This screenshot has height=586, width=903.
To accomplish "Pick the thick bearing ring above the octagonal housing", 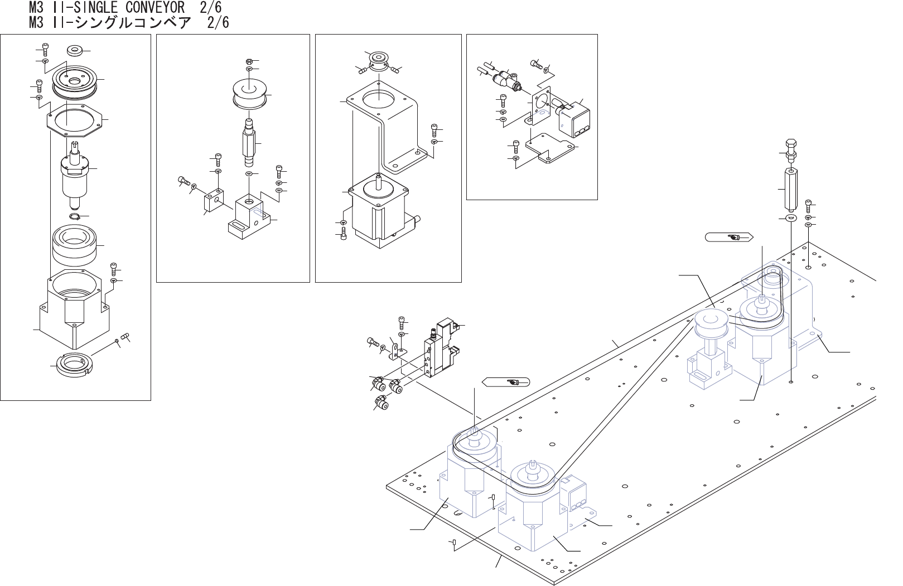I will (x=74, y=245).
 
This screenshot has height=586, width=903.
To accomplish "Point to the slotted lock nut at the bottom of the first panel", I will (x=73, y=365).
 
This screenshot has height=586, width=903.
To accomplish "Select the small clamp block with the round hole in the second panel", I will (x=211, y=202).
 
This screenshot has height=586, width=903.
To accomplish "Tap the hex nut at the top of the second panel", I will (x=249, y=61).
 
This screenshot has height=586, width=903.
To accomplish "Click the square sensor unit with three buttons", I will (x=575, y=119).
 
